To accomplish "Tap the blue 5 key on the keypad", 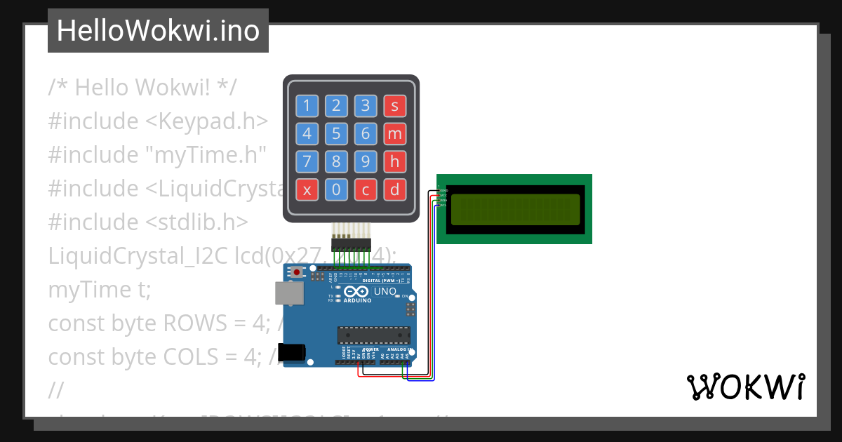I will click(x=336, y=133).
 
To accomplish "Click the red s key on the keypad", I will click(x=394, y=106).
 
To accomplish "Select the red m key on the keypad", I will click(x=394, y=133).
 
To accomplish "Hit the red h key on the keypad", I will click(x=394, y=161).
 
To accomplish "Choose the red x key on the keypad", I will click(x=307, y=189).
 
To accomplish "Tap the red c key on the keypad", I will click(x=365, y=189).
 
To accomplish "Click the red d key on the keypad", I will click(x=394, y=189).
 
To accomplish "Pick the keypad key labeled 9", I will click(x=365, y=161).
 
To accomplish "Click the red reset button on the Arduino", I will click(x=298, y=272).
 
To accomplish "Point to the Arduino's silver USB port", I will click(x=288, y=294).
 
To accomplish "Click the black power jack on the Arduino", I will click(x=291, y=352).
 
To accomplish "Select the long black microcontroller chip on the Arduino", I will click(x=373, y=337).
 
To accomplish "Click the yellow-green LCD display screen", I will click(x=515, y=209).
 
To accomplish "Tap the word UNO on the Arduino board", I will click(x=385, y=291).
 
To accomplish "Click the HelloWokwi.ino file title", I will click(x=158, y=31).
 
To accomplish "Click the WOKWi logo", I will click(x=745, y=387).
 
